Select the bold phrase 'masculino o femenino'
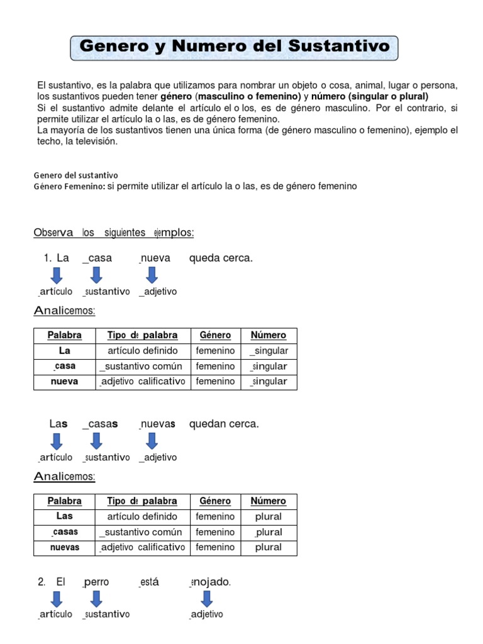click(x=248, y=96)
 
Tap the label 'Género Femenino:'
click(x=69, y=187)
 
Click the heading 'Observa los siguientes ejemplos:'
click(x=113, y=233)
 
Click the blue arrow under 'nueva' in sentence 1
click(x=151, y=275)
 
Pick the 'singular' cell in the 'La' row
click(x=269, y=350)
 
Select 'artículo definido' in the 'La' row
click(x=143, y=350)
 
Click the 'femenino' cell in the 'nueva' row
click(x=215, y=381)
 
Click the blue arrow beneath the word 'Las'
click(x=56, y=441)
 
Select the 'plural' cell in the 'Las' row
click(x=269, y=516)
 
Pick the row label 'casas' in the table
click(x=65, y=532)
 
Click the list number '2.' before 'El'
click(x=42, y=582)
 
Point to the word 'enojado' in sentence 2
click(x=210, y=582)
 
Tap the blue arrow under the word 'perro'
click(x=96, y=599)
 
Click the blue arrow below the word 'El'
click(x=56, y=599)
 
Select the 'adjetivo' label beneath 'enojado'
click(x=206, y=614)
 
